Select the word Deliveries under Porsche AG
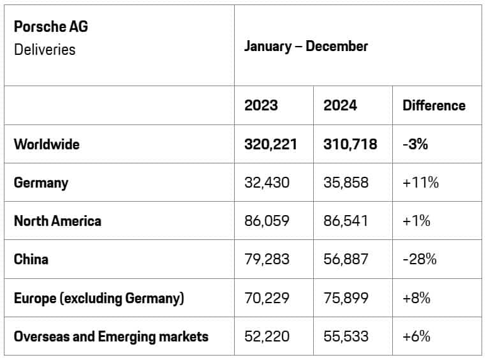point(45,49)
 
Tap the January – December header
point(306,46)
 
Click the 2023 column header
point(261,105)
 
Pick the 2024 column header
point(340,105)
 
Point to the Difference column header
point(434,105)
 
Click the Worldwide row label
point(47,144)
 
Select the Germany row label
point(41,183)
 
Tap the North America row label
point(57,221)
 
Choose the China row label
point(31,259)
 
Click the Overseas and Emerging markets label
point(111,336)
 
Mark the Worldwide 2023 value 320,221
point(270,144)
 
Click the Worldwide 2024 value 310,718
point(350,144)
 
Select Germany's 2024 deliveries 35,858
point(346,183)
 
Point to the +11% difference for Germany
point(420,183)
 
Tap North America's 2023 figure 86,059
point(267,221)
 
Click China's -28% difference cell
point(419,259)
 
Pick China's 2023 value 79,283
point(267,259)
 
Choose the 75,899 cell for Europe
point(346,297)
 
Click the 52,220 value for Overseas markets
point(267,336)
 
